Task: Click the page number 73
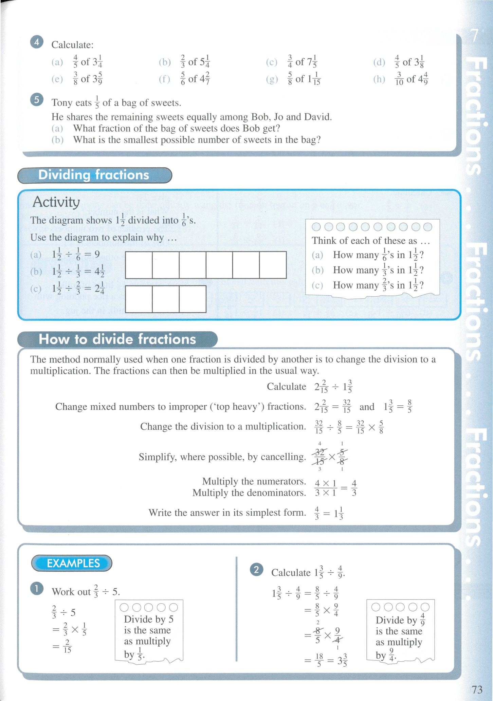point(477,689)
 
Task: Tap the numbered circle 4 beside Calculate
point(37,42)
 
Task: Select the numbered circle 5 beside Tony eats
point(37,100)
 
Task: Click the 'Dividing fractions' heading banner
point(94,175)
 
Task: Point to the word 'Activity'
point(56,202)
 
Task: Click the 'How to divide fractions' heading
point(117,339)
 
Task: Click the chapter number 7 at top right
point(474,36)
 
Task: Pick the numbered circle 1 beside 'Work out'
point(37,589)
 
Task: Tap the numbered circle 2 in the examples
point(256,570)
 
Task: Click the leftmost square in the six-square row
point(139,265)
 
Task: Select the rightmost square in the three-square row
point(193,299)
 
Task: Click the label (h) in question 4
point(379,79)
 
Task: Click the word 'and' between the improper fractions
point(367,407)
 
